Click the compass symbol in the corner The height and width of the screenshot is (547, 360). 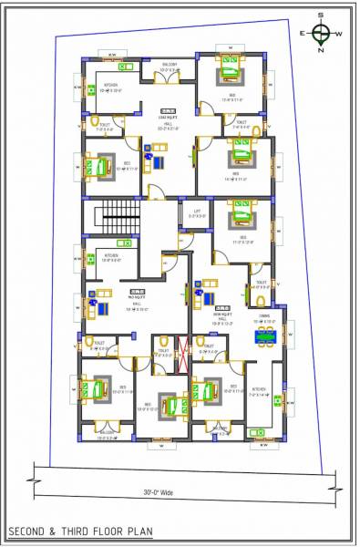coord(321,34)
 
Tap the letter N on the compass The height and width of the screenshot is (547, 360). coord(321,51)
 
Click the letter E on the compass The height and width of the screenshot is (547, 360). coord(304,34)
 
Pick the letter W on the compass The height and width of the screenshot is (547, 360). coord(339,34)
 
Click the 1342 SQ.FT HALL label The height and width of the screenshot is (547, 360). coord(167,119)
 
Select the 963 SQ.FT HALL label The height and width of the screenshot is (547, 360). coord(137,299)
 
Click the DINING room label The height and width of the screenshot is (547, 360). coord(263,315)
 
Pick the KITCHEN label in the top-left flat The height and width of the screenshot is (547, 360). coord(110,85)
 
